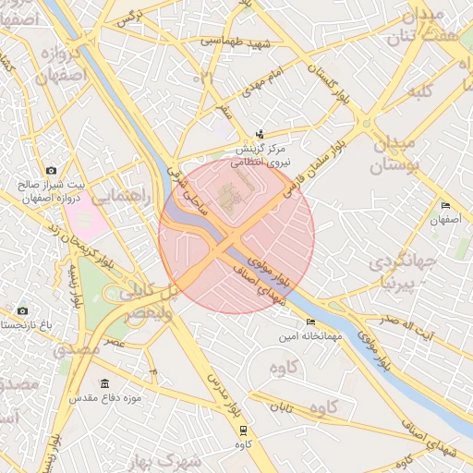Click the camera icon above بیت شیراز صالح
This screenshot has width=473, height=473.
click(51, 171)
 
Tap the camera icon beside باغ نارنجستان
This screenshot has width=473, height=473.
click(22, 310)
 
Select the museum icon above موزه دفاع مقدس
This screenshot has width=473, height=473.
click(103, 383)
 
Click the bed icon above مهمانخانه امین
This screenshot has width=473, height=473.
click(309, 322)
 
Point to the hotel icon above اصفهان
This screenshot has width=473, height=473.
click(445, 205)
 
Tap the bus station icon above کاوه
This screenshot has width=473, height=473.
click(243, 431)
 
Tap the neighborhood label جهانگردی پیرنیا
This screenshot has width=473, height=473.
click(400, 271)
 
